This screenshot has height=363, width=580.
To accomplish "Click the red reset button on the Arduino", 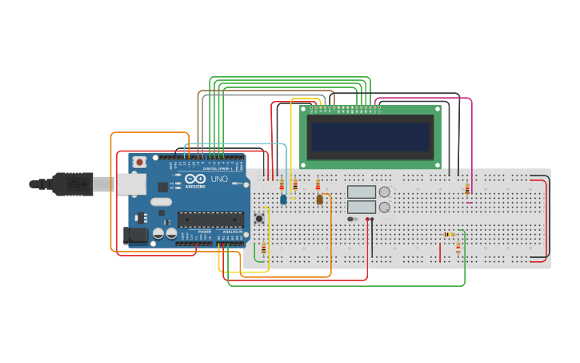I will pos(139,162).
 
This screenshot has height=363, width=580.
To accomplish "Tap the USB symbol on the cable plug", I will pos(78,184).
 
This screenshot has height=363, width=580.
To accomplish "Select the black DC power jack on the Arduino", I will pos(137,236).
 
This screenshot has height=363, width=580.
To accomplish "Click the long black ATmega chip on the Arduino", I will pos(210,220).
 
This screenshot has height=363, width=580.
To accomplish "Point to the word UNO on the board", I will pos(219,179).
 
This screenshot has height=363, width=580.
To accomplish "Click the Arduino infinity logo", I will pos(195,179).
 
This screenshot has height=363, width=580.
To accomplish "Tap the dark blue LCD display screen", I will pos(370,137).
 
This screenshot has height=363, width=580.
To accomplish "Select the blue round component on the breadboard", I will pos(283,200).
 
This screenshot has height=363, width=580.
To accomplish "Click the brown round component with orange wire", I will pos(320,200).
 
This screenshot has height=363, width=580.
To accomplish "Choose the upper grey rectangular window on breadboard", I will pos(362,192).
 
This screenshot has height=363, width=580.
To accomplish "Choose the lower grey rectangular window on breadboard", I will pos(362,207).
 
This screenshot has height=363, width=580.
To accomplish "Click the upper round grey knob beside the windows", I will pos(385,192).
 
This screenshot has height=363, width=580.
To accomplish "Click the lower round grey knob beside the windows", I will pos(385,207).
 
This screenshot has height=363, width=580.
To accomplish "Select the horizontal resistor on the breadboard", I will pos(449,235).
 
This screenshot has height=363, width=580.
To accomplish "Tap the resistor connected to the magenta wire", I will pos(467,189).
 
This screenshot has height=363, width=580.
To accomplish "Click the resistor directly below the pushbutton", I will pos(263,248).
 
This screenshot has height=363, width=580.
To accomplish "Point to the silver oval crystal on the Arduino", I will pos(162,202).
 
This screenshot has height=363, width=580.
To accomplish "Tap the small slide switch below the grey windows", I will pos(352,219).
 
